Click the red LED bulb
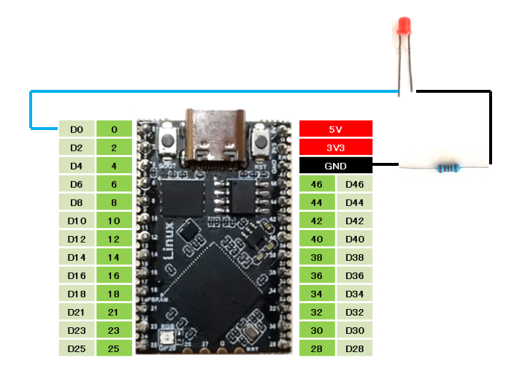coord(403,28)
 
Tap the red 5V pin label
coord(336,129)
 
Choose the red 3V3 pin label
coord(336,148)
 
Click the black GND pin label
coord(336,166)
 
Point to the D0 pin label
coord(77,129)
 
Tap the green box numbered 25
coord(114,348)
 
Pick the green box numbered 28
coord(317,348)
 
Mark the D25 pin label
coord(77,348)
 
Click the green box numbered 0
coord(114,129)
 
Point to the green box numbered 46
coord(317,184)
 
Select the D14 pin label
coord(77,257)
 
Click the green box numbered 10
coord(114,221)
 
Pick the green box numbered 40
coord(317,239)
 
